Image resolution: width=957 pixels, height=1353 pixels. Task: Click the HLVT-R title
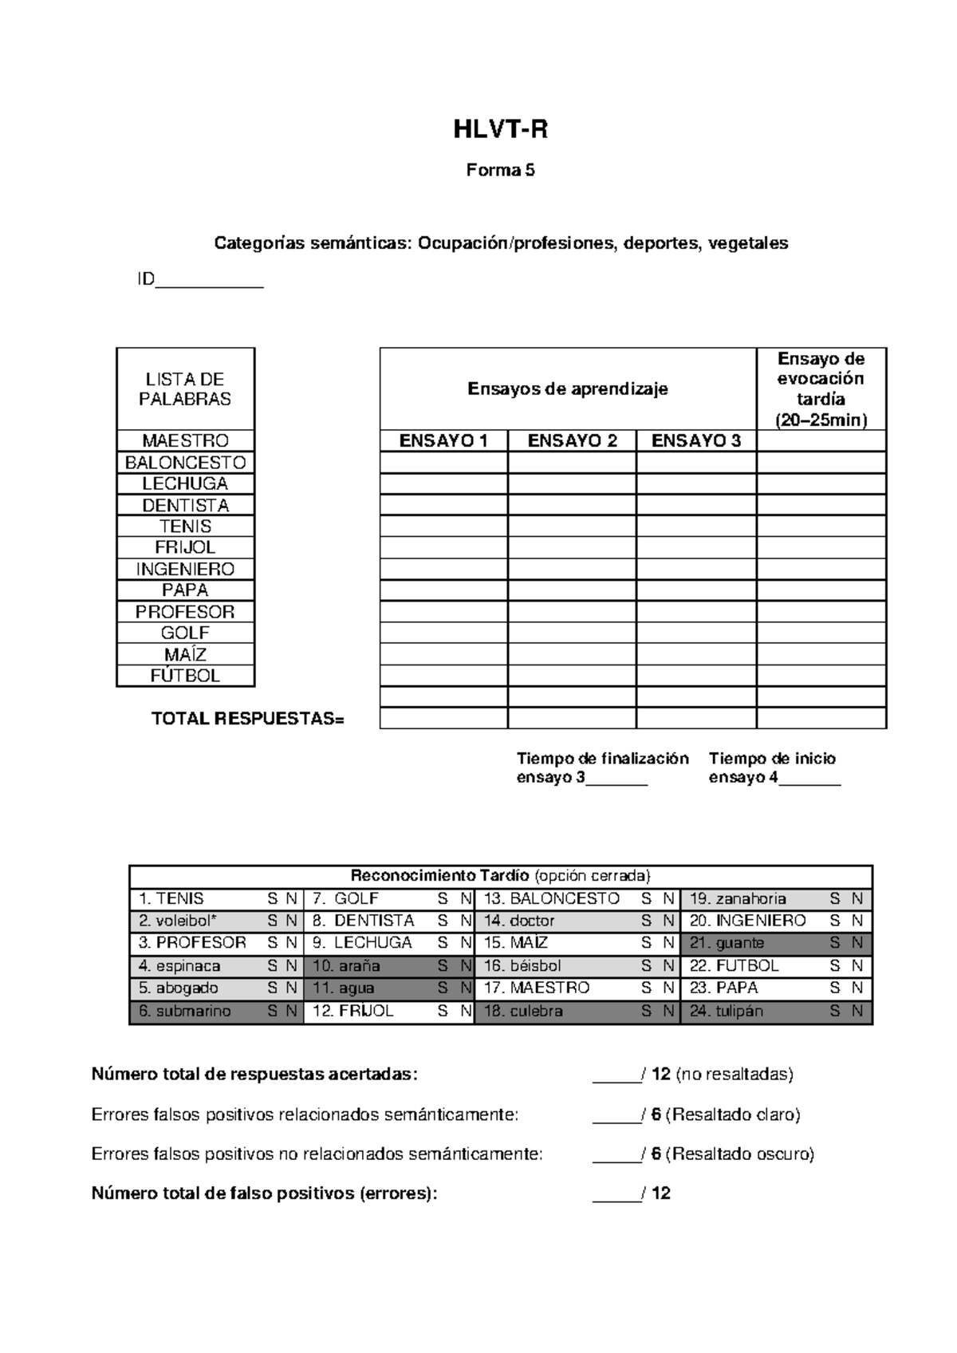(x=500, y=130)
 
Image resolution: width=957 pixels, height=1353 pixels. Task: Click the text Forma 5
(x=500, y=170)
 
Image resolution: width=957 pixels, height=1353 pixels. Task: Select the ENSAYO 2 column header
(x=572, y=441)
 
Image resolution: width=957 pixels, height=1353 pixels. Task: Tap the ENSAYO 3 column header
(x=695, y=441)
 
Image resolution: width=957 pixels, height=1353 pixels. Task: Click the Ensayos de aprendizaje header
(x=567, y=389)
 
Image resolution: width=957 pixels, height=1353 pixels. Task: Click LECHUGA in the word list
(x=185, y=484)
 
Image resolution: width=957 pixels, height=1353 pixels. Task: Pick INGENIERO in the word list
(x=185, y=569)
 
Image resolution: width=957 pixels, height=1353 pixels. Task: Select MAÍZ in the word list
(x=185, y=654)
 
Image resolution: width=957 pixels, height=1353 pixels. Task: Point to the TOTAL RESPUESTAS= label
(x=248, y=719)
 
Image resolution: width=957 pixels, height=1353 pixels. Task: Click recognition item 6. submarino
(x=185, y=1012)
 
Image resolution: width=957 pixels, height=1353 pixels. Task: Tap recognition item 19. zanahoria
(x=738, y=899)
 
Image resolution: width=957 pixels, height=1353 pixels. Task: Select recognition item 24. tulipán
(x=727, y=1012)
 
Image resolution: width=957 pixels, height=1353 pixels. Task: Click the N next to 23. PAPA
(x=857, y=988)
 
